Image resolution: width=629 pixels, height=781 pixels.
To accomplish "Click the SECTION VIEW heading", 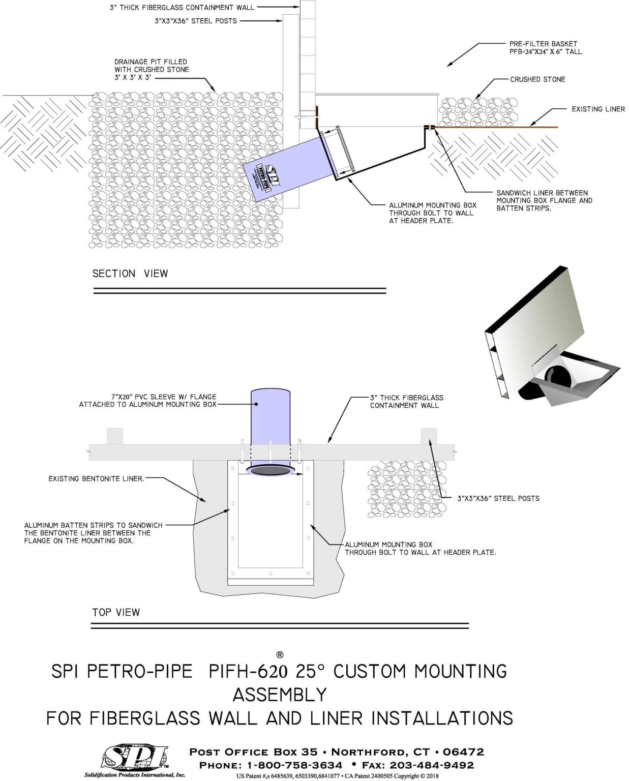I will coord(130,274).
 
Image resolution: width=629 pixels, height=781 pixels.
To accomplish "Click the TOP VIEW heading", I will coord(115,612).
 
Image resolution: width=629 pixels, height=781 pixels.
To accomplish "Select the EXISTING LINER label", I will coord(597,109).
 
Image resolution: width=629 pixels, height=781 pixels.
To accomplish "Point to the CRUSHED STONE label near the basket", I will coord(537,79).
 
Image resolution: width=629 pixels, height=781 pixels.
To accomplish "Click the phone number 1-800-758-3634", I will coord(294,765).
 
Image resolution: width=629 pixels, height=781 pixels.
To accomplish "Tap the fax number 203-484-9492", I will coord(431,765).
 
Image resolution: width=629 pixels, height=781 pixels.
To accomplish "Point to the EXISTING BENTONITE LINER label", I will coord(96,478).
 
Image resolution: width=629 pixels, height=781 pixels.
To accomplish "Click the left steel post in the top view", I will coord(114,436).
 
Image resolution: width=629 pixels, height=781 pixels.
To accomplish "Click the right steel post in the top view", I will coord(428,436).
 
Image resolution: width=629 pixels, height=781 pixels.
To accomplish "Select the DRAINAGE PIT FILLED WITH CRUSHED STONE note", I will coord(151,69).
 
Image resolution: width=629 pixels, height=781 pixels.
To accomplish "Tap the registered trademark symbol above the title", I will coord(279,654).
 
